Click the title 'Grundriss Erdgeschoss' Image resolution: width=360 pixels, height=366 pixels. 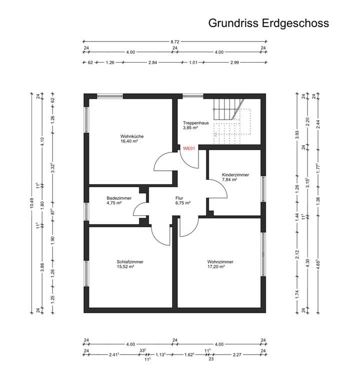click(x=268, y=23)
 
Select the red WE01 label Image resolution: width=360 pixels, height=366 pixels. click(x=189, y=148)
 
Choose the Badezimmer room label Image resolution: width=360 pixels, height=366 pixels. click(x=119, y=198)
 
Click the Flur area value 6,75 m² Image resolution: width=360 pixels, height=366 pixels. click(x=182, y=204)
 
